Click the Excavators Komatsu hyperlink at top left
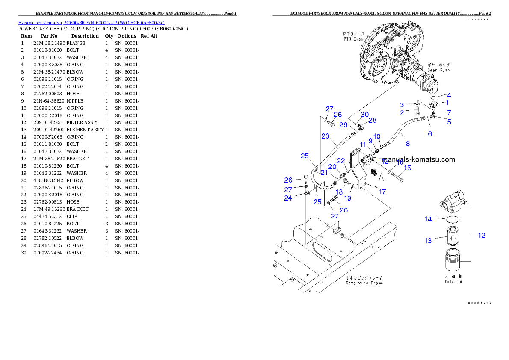pyautogui.click(x=91, y=22)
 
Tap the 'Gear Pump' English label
pyautogui.click(x=438, y=70)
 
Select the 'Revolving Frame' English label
pyautogui.click(x=364, y=283)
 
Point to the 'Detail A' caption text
pyautogui.click(x=453, y=282)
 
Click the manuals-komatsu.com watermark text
pyautogui.click(x=418, y=160)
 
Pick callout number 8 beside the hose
pyautogui.click(x=408, y=144)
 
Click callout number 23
pyautogui.click(x=326, y=136)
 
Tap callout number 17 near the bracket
pyautogui.click(x=382, y=192)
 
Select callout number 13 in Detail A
pyautogui.click(x=428, y=241)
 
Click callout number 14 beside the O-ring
pyautogui.click(x=428, y=219)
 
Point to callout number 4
pyautogui.click(x=449, y=95)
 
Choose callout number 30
pyautogui.click(x=364, y=115)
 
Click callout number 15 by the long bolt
pyautogui.click(x=408, y=168)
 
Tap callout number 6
pyautogui.click(x=430, y=134)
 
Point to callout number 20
pyautogui.click(x=332, y=167)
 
